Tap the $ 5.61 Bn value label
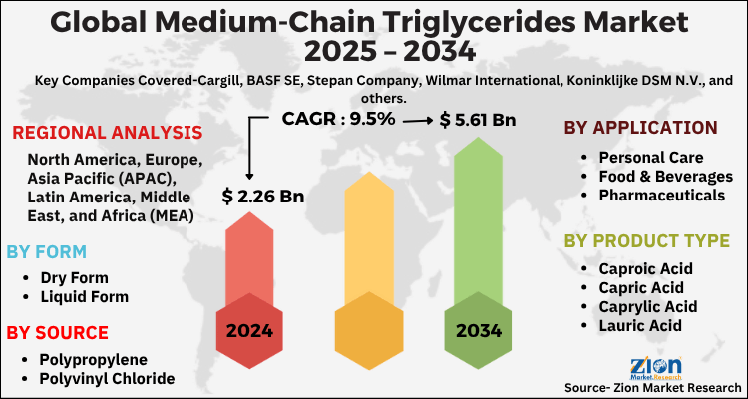pos(477,120)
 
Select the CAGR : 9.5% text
pos(339,120)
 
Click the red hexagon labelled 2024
pos(256,330)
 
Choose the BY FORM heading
pos(46,251)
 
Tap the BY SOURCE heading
pos(57,332)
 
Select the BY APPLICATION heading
pos(640,127)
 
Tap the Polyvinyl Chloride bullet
pos(107,378)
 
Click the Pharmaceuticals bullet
pos(661,195)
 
